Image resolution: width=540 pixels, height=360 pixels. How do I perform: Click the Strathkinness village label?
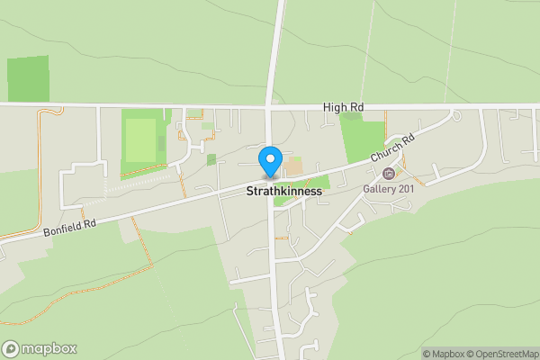click(x=283, y=191)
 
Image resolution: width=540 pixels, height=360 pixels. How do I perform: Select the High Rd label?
click(x=344, y=108)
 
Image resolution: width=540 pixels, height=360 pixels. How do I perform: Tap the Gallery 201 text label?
click(x=388, y=188)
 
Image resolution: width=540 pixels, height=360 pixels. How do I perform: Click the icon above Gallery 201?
click(x=388, y=174)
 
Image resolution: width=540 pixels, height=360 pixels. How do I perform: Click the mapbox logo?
click(x=39, y=348)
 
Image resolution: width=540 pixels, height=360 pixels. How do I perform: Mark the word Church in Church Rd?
click(x=388, y=152)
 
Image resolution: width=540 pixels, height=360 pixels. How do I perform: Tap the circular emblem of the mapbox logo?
click(x=11, y=348)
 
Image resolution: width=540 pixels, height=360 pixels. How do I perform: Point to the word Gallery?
click(x=379, y=188)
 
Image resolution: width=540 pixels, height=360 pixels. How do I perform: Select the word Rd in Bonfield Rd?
click(x=87, y=223)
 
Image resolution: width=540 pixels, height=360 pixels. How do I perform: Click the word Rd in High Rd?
click(x=356, y=108)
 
